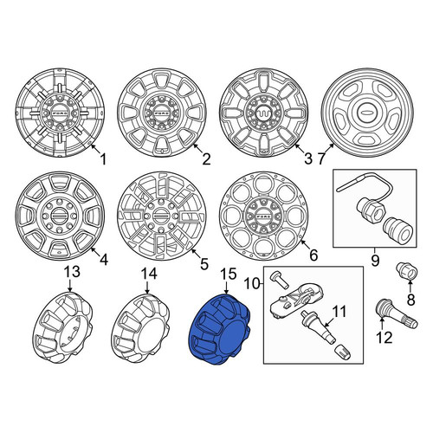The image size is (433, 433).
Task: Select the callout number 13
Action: [x=72, y=272]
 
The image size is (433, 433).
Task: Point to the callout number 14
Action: [x=149, y=274]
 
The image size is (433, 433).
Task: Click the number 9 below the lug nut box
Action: [x=375, y=261]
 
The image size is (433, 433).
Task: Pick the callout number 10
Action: [x=253, y=284]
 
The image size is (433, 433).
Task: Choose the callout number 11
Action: [x=339, y=312]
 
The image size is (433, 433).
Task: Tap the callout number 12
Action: [x=384, y=337]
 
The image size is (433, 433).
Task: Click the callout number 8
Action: [x=410, y=300]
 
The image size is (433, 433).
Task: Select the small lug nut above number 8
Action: [x=406, y=271]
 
